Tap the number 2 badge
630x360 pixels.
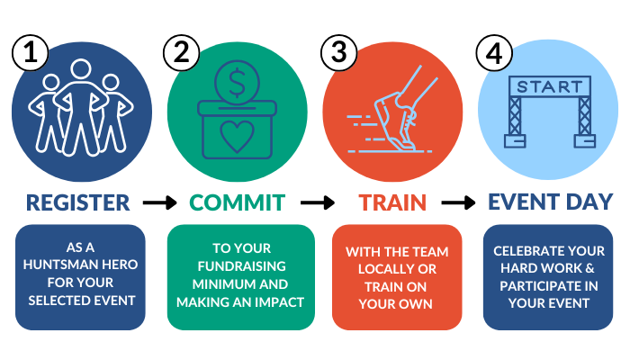click(x=182, y=54)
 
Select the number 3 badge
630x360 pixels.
click(x=338, y=54)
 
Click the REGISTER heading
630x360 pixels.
click(x=77, y=202)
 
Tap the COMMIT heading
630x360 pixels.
click(x=238, y=202)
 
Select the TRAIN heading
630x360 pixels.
click(x=393, y=202)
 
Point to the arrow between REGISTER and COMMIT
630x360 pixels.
click(x=159, y=203)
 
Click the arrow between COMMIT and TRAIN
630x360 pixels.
click(x=316, y=203)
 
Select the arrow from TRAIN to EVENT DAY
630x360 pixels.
click(x=458, y=203)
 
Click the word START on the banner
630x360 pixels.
click(x=549, y=87)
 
